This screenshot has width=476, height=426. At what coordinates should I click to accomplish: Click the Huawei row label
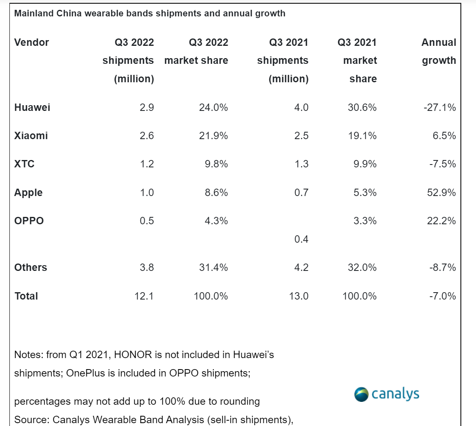coord(32,108)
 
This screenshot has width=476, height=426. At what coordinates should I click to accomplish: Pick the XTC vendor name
coord(24,164)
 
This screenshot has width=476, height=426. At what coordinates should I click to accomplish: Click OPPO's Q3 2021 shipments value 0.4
coord(301,239)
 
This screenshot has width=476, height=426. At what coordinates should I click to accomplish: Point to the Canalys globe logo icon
coord(361,394)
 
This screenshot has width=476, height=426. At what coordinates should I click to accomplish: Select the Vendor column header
coord(32,43)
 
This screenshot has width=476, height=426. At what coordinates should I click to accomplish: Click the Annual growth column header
coord(439,52)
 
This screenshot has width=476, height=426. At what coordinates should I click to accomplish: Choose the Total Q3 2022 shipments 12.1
coord(144,296)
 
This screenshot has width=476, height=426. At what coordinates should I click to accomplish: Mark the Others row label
coord(31,268)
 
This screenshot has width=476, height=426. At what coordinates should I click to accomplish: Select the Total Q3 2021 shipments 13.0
coord(298,296)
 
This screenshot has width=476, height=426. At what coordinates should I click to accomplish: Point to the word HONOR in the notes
coord(133,355)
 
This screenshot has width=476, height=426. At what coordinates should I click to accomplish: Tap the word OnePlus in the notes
coord(83,373)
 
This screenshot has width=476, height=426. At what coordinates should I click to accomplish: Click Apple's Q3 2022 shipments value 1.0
coord(147,192)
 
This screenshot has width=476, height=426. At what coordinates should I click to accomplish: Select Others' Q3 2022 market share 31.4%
coord(211,268)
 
